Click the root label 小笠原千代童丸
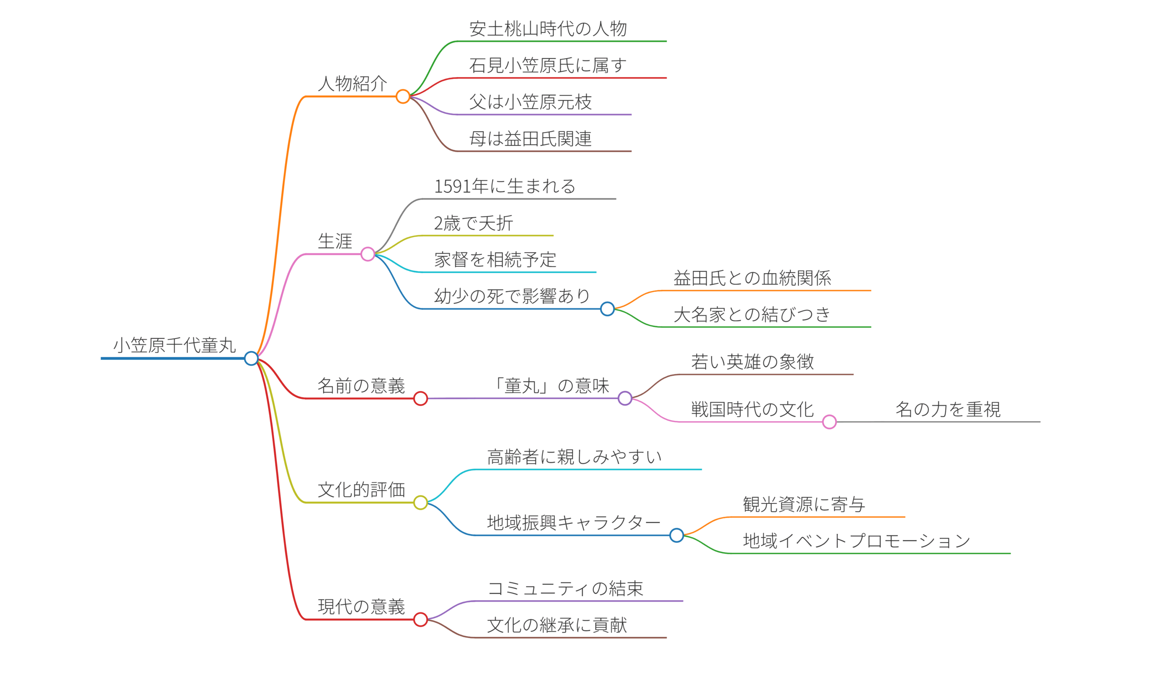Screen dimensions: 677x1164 [175, 345]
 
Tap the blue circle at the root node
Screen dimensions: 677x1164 [251, 358]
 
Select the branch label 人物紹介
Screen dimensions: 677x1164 [352, 84]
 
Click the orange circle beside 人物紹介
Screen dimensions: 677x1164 [403, 96]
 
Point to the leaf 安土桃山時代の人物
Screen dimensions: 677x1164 [548, 29]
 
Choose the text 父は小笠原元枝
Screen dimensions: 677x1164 [530, 102]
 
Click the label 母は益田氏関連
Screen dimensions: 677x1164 [530, 139]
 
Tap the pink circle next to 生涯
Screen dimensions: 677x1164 [368, 254]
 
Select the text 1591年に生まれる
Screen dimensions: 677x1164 [504, 186]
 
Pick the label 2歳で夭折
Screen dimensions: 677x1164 [473, 224]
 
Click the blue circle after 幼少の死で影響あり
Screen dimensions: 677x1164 [607, 309]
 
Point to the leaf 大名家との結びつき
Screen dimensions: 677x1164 [752, 315]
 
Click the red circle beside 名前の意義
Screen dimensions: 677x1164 [420, 398]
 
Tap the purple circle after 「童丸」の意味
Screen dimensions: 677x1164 [625, 398]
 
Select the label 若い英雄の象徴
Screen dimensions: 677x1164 [753, 362]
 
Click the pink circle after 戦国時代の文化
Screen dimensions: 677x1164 [830, 422]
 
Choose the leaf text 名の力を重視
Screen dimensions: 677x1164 [948, 409]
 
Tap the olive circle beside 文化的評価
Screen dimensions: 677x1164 [420, 503]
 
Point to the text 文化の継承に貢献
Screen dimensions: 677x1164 [557, 625]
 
